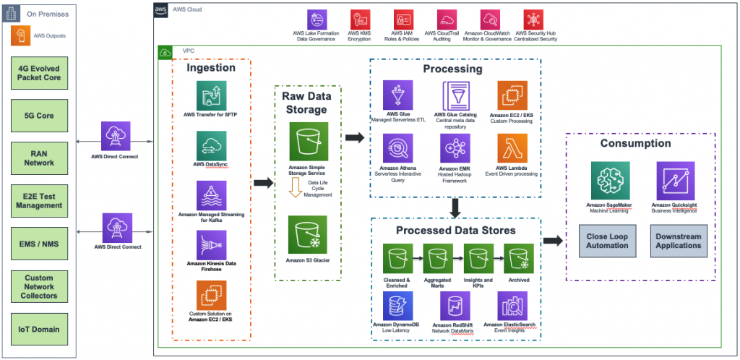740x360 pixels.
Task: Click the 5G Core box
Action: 40,115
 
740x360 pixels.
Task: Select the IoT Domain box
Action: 40,329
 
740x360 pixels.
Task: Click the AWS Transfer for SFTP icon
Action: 211,96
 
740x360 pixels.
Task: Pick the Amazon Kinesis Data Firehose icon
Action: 211,245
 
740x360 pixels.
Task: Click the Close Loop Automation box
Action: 607,240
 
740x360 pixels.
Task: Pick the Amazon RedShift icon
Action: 455,307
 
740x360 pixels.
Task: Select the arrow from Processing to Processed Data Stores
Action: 455,208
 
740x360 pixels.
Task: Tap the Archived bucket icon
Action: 518,258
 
